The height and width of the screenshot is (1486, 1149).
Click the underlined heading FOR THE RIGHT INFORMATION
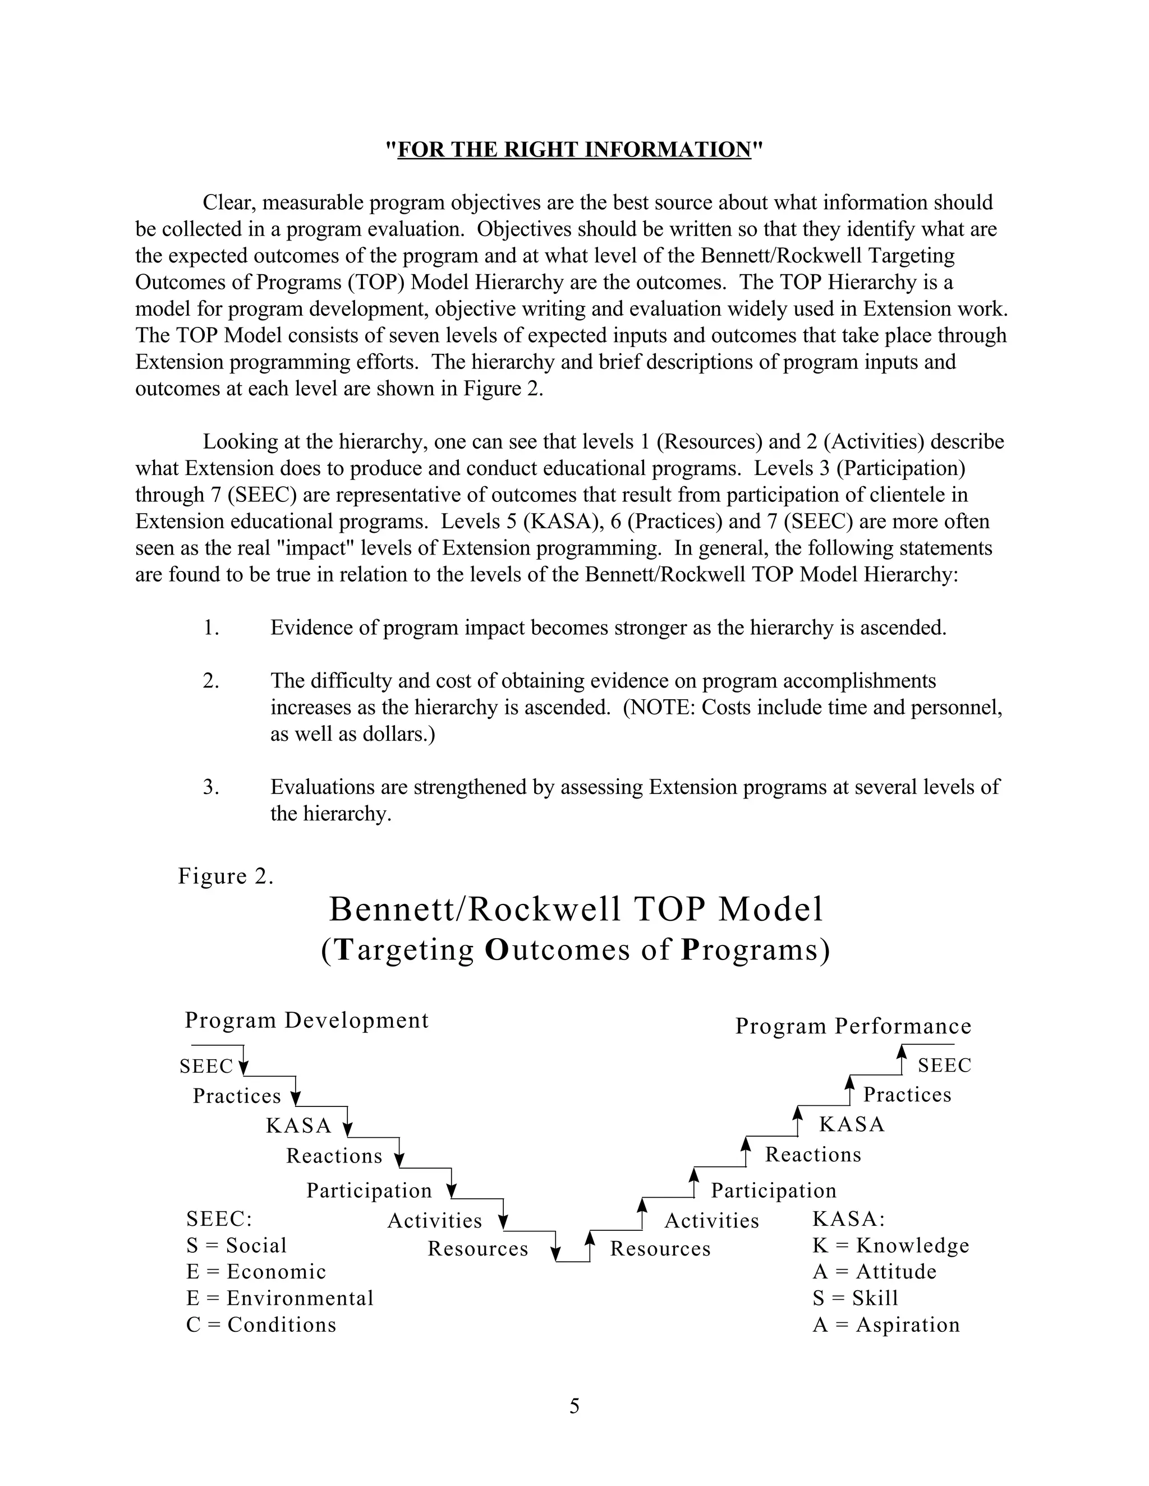pyautogui.click(x=574, y=149)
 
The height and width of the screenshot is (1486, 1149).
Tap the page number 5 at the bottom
pyautogui.click(x=574, y=1406)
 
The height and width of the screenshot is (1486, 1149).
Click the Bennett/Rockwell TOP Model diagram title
pyautogui.click(x=576, y=909)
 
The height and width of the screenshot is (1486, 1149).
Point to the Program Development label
pyautogui.click(x=306, y=1020)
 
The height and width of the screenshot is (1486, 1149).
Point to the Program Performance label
pyautogui.click(x=853, y=1026)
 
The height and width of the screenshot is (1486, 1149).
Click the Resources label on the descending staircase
pyautogui.click(x=478, y=1249)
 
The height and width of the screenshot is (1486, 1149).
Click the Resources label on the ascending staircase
pyautogui.click(x=660, y=1249)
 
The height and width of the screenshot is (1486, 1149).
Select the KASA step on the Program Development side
pyautogui.click(x=298, y=1126)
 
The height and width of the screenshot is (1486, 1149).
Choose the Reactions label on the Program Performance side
pyautogui.click(x=813, y=1155)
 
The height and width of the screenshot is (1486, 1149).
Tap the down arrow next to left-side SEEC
pyautogui.click(x=243, y=1065)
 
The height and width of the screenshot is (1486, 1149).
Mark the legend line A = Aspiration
pyautogui.click(x=885, y=1325)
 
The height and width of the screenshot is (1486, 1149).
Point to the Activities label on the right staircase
pyautogui.click(x=711, y=1221)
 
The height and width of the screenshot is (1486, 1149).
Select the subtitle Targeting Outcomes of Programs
pyautogui.click(x=575, y=950)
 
